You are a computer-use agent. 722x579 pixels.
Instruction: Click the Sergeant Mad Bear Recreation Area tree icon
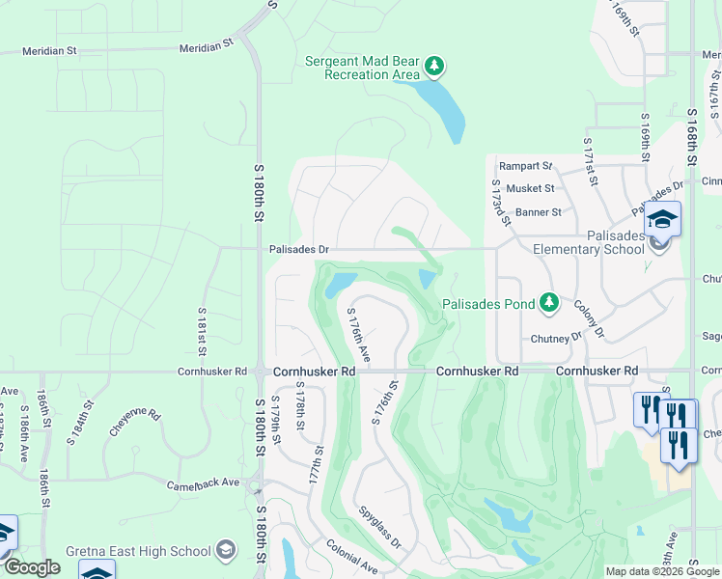[x=435, y=66]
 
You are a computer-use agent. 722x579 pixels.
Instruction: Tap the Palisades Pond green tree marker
[x=549, y=304]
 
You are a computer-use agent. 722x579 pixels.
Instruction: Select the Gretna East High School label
[x=138, y=551]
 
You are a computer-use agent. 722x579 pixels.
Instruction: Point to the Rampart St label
[x=525, y=166]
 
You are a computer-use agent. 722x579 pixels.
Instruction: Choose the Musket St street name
[x=530, y=189]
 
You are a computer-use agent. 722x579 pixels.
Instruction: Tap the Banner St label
[x=538, y=212]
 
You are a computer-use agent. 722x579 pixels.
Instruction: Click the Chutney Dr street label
[x=557, y=339]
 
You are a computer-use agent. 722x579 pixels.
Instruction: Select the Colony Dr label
[x=588, y=318]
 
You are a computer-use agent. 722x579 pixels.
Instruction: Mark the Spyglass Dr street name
[x=378, y=526]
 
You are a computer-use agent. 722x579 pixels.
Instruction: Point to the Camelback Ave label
[x=202, y=482]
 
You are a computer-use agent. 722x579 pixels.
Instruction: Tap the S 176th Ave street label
[x=358, y=335]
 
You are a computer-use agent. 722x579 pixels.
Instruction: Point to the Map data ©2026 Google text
[x=662, y=571]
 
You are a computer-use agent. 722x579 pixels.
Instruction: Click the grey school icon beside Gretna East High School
[x=226, y=550]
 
